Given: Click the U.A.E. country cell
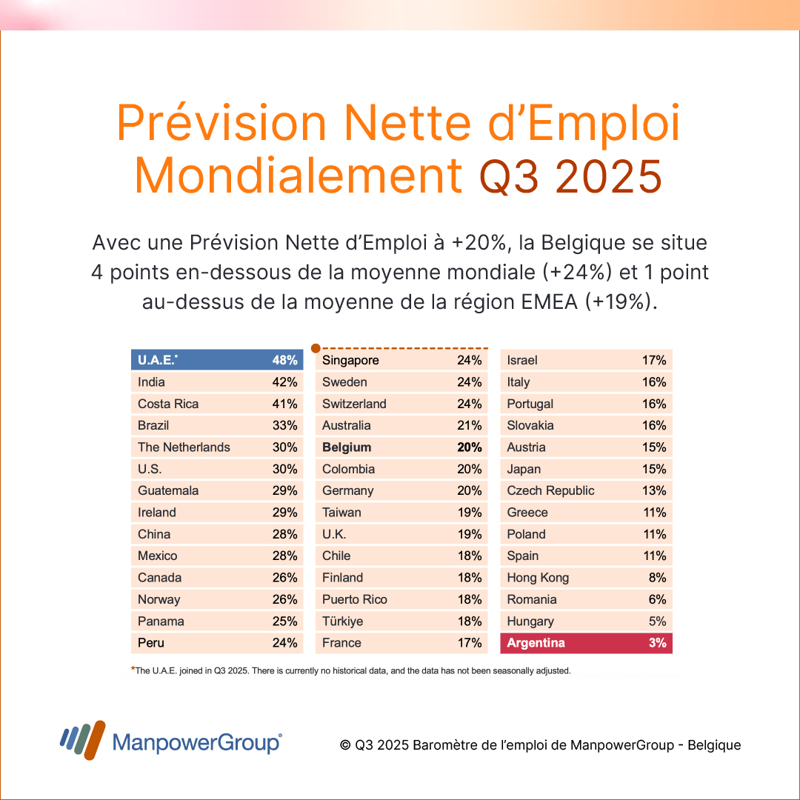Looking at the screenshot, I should [x=158, y=361].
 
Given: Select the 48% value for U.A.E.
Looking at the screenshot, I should [x=284, y=361].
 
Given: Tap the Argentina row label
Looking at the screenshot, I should [x=536, y=643].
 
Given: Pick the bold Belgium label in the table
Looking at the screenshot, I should [x=347, y=447].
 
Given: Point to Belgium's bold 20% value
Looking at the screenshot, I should [x=470, y=447].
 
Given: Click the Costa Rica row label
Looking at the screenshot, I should [x=168, y=404].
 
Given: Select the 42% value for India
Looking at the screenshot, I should [x=284, y=382].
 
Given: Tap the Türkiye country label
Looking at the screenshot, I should [x=342, y=621].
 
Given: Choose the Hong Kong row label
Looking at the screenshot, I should [x=538, y=578].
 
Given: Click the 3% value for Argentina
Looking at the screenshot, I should [x=657, y=643].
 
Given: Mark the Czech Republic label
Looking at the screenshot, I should [x=550, y=491].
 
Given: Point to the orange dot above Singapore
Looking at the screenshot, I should [x=316, y=347].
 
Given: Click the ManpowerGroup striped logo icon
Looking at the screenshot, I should [x=82, y=740].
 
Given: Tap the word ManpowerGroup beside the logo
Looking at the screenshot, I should [x=196, y=743].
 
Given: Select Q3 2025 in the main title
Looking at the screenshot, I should [x=570, y=176].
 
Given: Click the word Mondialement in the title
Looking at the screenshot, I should [x=299, y=176].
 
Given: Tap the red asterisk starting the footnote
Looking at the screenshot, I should [x=133, y=670].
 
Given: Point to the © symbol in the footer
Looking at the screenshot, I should [x=345, y=745].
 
